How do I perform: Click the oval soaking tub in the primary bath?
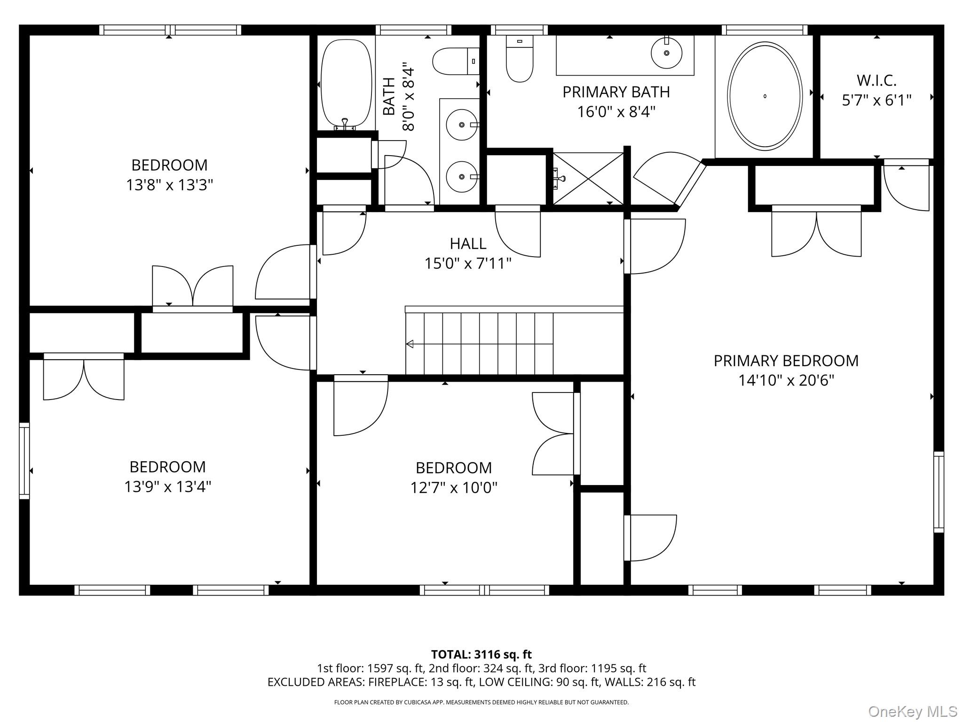(x=764, y=96)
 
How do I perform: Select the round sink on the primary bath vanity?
(x=667, y=53)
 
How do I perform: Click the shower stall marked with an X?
(x=588, y=179)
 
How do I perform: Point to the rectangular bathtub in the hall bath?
(x=346, y=83)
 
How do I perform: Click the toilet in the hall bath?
(x=456, y=61)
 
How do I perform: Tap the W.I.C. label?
(x=876, y=80)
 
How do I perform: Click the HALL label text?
(x=468, y=243)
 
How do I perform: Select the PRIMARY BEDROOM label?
(x=786, y=361)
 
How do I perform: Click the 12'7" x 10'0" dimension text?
(x=454, y=488)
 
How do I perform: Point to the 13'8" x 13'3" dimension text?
(x=169, y=185)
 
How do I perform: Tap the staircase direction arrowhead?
(x=410, y=344)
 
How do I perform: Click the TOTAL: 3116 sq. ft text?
(x=481, y=654)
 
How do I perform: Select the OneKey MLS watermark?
(x=912, y=711)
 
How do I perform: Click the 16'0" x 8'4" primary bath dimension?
(x=616, y=112)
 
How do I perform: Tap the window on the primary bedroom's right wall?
(x=939, y=492)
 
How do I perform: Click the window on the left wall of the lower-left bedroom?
(x=24, y=461)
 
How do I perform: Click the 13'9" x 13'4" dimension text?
(x=168, y=487)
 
